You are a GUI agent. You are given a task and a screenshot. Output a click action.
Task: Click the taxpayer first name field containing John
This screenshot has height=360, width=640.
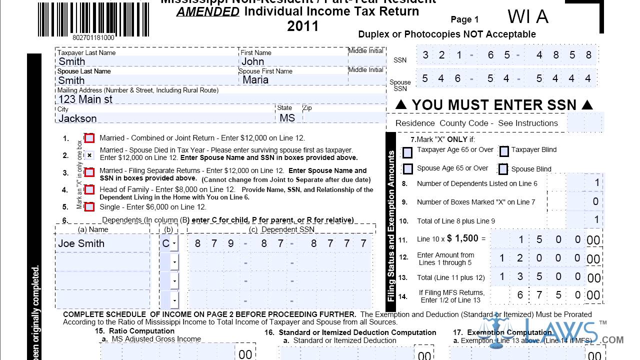coord(293,61)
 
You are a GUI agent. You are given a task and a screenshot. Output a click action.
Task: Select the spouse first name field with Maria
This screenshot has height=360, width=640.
coord(293,80)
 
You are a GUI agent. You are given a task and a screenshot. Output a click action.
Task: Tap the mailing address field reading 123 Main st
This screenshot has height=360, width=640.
coord(220,99)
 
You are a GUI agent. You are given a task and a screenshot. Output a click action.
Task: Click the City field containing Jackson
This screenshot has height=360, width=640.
coord(165,118)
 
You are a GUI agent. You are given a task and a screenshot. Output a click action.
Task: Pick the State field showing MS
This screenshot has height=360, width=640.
coord(288,118)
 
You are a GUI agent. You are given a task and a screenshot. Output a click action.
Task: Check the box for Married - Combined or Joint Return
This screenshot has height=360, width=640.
coord(89,138)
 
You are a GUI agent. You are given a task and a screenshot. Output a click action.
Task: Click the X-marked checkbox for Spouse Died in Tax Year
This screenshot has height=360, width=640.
coord(89,155)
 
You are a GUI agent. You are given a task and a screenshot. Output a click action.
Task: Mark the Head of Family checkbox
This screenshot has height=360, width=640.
coord(89,190)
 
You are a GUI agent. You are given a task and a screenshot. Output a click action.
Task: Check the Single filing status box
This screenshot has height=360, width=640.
coord(89,207)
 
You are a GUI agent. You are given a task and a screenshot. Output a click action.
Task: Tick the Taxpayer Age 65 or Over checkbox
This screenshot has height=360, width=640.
coord(408,151)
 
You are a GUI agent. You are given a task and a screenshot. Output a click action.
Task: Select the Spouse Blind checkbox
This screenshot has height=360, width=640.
coord(503,169)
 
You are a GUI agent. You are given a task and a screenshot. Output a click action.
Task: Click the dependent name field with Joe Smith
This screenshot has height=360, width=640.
coord(102,243)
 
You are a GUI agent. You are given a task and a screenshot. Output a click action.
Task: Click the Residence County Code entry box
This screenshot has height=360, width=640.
coord(585,122)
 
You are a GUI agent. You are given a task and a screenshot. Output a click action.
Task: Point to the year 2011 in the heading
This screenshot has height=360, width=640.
coord(302,26)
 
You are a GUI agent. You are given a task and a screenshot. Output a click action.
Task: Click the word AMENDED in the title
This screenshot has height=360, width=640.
coord(208,11)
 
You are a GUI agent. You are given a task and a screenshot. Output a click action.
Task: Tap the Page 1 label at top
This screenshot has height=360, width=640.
coord(464,19)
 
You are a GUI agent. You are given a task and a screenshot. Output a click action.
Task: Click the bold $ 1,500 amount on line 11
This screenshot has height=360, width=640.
coord(462,238)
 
